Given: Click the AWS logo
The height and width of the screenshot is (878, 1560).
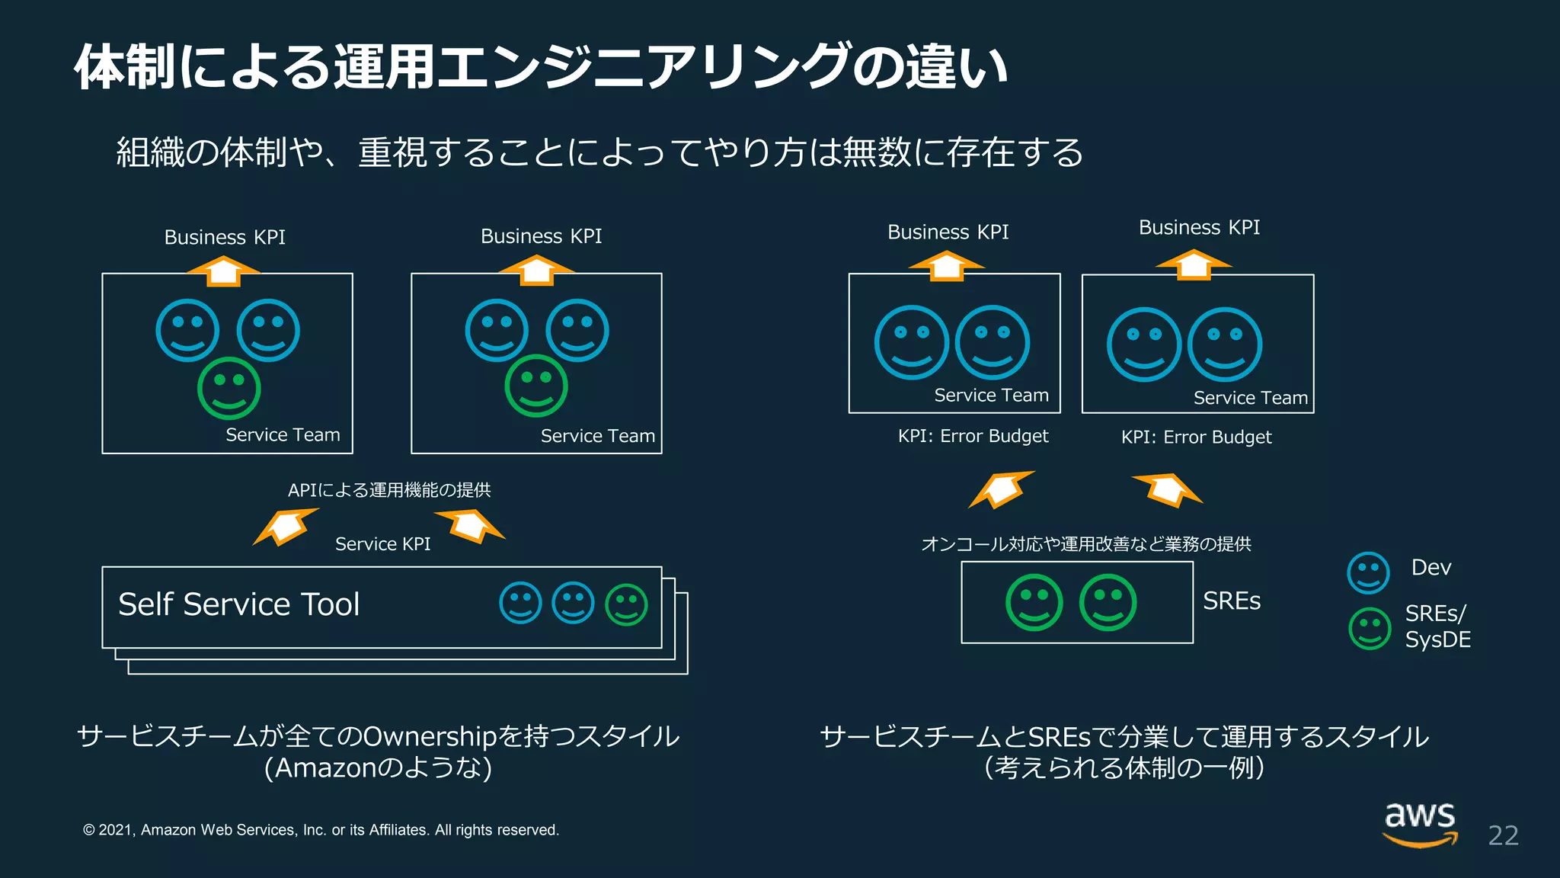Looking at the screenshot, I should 1420,825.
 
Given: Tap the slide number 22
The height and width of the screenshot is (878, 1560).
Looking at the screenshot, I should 1503,836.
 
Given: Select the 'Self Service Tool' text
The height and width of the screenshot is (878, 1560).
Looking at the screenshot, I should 238,604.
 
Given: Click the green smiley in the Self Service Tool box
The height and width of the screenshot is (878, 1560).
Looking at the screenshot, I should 626,605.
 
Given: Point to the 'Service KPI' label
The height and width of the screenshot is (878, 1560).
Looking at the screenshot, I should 382,544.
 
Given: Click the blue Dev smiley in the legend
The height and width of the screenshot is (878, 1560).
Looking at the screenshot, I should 1368,572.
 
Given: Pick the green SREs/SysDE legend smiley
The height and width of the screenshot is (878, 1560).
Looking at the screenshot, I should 1370,628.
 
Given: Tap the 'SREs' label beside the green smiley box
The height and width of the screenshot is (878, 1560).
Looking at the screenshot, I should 1232,601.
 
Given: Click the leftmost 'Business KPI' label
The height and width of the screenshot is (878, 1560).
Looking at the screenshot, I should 225,238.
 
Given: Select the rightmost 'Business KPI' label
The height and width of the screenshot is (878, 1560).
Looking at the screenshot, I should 1199,228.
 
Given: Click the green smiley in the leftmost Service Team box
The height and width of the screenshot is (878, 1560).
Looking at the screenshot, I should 229,388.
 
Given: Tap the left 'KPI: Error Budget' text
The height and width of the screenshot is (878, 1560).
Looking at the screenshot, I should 973,436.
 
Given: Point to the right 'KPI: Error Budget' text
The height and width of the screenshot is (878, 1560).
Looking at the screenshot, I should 1196,437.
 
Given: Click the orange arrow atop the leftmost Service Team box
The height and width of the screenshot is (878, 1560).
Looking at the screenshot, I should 223,271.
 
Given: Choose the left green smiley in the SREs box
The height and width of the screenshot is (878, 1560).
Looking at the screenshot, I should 1034,602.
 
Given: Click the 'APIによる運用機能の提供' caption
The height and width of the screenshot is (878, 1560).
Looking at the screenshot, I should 389,490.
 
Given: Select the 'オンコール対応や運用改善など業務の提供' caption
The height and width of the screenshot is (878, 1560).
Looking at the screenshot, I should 1085,544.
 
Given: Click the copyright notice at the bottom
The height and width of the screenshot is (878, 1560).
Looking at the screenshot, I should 321,830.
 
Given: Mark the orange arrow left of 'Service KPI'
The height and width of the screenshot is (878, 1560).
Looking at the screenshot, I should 284,526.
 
